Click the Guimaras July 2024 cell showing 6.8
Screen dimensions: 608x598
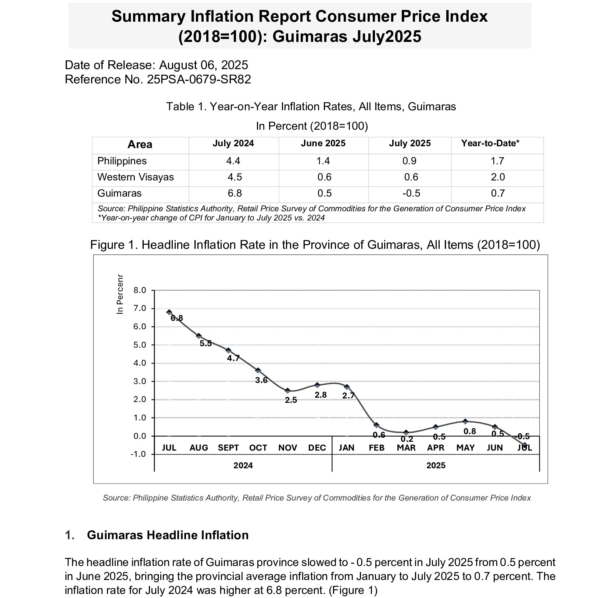235,193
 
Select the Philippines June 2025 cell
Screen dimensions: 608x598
323,161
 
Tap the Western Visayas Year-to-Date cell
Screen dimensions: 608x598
498,177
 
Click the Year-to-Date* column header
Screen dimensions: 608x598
490,143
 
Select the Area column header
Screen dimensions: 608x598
140,144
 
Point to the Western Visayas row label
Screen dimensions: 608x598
136,177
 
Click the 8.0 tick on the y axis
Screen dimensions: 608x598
140,290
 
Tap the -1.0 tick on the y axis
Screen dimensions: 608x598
138,454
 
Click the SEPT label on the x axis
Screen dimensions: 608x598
228,448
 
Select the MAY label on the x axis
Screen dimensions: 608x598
465,448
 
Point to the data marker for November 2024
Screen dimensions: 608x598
287,391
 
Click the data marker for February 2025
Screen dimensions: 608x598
376,425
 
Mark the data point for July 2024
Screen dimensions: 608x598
169,312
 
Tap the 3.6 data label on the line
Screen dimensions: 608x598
261,380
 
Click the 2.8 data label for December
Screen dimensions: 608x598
321,395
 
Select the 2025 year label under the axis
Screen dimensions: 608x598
436,466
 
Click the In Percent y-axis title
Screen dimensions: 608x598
120,294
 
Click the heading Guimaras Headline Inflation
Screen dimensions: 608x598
168,535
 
